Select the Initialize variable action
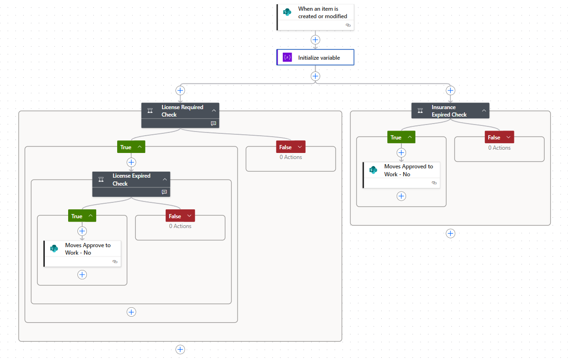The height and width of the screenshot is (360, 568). point(319,58)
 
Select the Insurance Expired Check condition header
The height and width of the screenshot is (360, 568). point(449,111)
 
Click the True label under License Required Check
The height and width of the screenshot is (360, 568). point(126,147)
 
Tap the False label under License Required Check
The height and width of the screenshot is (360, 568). point(285,147)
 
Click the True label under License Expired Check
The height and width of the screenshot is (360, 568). point(77,216)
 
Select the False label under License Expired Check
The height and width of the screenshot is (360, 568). point(175,216)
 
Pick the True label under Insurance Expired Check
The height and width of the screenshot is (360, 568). point(396,138)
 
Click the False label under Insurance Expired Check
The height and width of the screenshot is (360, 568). point(494,138)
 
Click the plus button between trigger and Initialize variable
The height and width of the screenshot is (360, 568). point(316,40)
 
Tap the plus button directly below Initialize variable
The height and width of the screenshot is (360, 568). point(316,76)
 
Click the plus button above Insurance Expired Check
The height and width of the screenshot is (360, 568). point(450,90)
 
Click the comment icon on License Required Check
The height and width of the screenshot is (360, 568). point(213,124)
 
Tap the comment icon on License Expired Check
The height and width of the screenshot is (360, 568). point(164,192)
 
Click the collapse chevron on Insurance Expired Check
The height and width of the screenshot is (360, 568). point(484,111)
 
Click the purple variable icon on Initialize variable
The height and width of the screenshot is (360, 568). point(287,58)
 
